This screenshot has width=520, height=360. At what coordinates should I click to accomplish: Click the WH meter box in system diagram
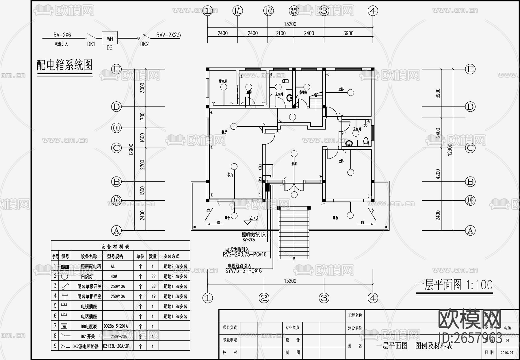point(110,38)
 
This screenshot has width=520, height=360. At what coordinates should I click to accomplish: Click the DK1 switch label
point(91,44)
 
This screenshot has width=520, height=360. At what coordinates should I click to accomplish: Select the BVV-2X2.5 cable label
point(168,35)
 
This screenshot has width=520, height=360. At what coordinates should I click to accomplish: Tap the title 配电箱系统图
point(64,65)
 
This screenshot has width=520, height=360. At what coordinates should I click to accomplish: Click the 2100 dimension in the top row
point(281,33)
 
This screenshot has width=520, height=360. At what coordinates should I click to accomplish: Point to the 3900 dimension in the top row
point(348,33)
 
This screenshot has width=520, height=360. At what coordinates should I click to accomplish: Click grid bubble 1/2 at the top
point(268,11)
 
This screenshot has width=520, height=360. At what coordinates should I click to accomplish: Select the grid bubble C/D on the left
point(116,128)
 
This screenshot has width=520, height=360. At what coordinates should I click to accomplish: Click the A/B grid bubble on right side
point(470,200)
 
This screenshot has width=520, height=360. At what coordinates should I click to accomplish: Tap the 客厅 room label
point(230,175)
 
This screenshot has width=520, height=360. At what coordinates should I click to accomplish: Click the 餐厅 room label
point(224,132)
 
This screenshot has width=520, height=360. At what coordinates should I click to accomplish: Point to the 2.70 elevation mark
point(253,218)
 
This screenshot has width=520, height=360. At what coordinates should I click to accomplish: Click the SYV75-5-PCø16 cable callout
point(243,271)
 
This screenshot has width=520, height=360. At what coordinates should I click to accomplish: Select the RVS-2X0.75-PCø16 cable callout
point(244,255)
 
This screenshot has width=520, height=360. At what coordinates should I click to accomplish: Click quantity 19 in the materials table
point(153,296)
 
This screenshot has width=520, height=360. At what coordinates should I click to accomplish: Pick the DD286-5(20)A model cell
point(116,326)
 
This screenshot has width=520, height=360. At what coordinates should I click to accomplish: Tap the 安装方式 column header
point(171,256)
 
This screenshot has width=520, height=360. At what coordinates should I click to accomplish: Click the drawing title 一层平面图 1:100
point(454,285)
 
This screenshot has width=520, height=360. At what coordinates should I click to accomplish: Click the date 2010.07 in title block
point(507,352)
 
